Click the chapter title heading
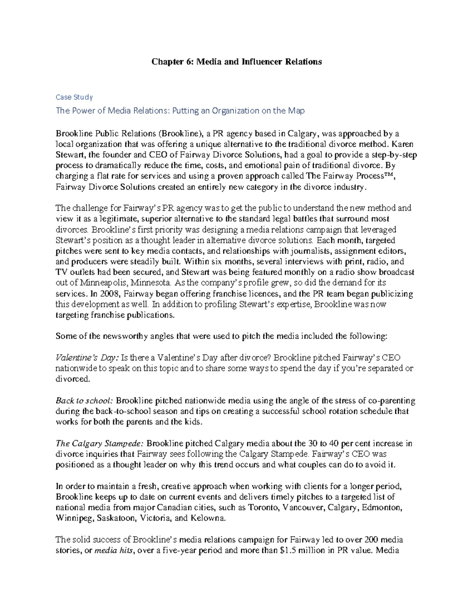pyautogui.click(x=236, y=62)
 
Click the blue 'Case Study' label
pyautogui.click(x=74, y=97)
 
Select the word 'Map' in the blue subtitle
pyautogui.click(x=296, y=111)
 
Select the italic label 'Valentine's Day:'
pyautogui.click(x=86, y=358)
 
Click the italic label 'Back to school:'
pyautogui.click(x=84, y=401)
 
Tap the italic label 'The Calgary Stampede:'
pyautogui.click(x=100, y=444)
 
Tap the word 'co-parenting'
pyautogui.click(x=391, y=401)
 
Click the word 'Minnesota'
pyautogui.click(x=151, y=283)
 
